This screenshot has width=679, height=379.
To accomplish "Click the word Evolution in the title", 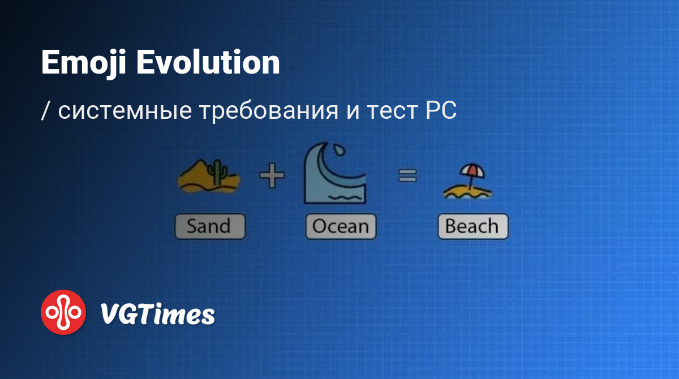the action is pyautogui.click(x=208, y=62).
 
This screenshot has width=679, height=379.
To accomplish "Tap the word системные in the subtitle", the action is pyautogui.click(x=125, y=110).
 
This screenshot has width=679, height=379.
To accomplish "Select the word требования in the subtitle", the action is pyautogui.click(x=269, y=111).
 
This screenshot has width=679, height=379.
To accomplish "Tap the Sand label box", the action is pyautogui.click(x=210, y=226).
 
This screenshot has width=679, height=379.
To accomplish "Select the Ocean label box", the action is pyautogui.click(x=341, y=226).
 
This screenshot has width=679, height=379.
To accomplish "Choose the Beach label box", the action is pyautogui.click(x=473, y=226).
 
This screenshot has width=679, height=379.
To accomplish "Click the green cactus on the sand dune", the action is pyautogui.click(x=217, y=172).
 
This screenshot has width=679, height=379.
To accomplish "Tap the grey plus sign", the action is pyautogui.click(x=272, y=175).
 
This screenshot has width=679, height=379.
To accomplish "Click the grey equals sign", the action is pyautogui.click(x=407, y=176).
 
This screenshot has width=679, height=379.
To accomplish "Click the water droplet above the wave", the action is pyautogui.click(x=339, y=150).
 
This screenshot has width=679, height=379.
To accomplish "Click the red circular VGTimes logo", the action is pyautogui.click(x=63, y=312).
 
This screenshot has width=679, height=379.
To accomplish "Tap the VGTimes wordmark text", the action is pyautogui.click(x=157, y=313).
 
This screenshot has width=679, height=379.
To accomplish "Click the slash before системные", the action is pyautogui.click(x=45, y=111).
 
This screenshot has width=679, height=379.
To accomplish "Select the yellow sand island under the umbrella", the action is pyautogui.click(x=467, y=193).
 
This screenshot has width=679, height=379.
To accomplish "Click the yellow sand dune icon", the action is pyautogui.click(x=209, y=176).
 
